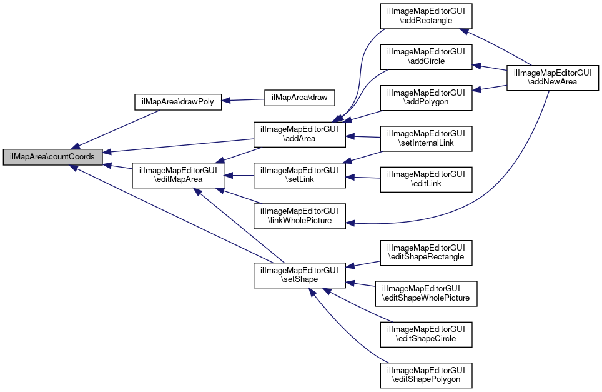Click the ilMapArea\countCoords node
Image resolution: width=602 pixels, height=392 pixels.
pos(52,157)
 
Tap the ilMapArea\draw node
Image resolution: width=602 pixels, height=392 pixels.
pos(300,98)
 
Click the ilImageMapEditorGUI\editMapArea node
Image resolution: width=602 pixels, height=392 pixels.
pos(178,174)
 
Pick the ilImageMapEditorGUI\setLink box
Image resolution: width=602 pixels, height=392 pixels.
pos(299,174)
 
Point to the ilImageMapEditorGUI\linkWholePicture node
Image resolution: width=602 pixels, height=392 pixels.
pos(299,215)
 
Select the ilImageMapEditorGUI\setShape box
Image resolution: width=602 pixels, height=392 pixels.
pos(299,275)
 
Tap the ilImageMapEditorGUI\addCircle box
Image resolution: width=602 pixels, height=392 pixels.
pos(427,57)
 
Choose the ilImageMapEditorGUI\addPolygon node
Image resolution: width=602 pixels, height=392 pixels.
pos(427,98)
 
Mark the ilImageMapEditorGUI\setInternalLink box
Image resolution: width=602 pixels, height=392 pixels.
pos(427,138)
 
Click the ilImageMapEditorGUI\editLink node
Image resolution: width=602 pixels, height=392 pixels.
pos(427,179)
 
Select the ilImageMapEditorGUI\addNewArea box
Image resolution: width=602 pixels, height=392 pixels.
pos(552,78)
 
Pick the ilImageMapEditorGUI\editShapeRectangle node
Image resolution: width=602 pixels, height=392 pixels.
pos(427,252)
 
